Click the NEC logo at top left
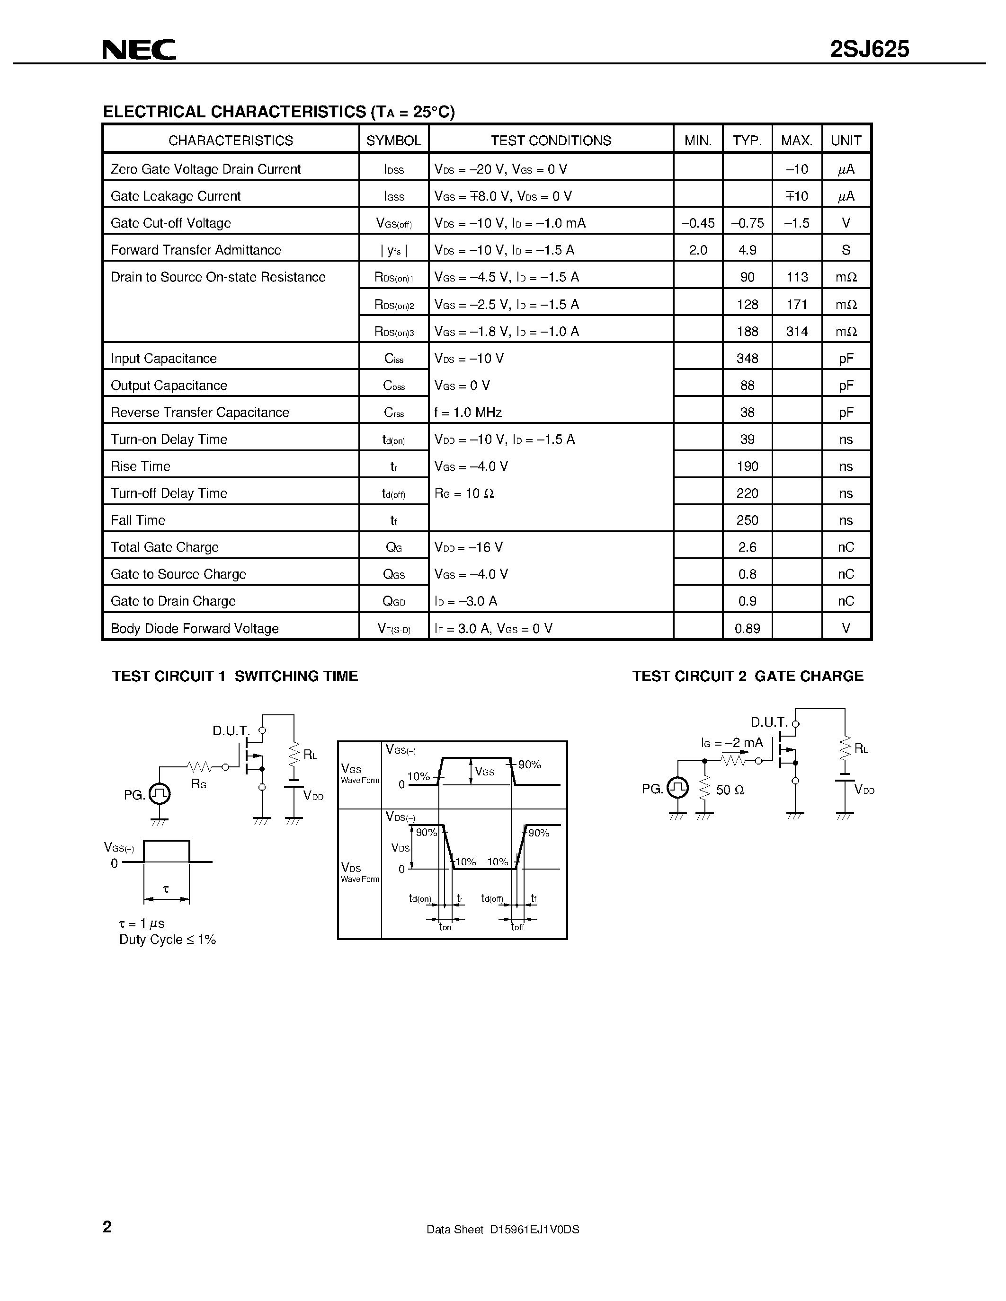tap(139, 50)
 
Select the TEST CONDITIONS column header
tap(551, 141)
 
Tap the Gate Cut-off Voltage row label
tap(171, 223)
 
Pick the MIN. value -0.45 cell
tap(698, 223)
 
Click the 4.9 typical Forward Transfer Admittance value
tap(748, 250)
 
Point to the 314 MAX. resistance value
tap(797, 331)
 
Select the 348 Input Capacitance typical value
tap(748, 359)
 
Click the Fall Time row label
tap(138, 520)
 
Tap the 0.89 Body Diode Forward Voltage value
tap(748, 628)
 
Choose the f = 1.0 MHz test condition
tap(468, 412)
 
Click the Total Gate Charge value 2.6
tap(748, 547)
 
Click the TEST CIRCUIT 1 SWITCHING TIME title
tap(235, 676)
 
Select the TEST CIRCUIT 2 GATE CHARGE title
tap(748, 676)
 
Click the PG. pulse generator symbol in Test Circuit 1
tap(160, 793)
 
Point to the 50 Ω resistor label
tap(730, 790)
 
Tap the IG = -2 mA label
tap(732, 743)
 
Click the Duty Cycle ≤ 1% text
tap(168, 940)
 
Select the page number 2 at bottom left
tap(107, 1227)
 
